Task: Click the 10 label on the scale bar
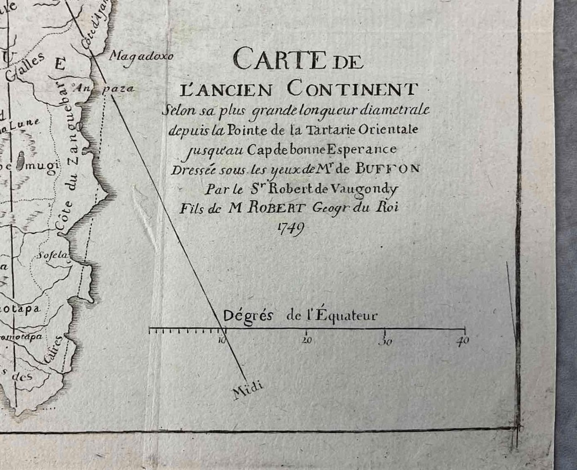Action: pyautogui.click(x=222, y=340)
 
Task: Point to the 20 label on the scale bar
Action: pyautogui.click(x=306, y=340)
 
